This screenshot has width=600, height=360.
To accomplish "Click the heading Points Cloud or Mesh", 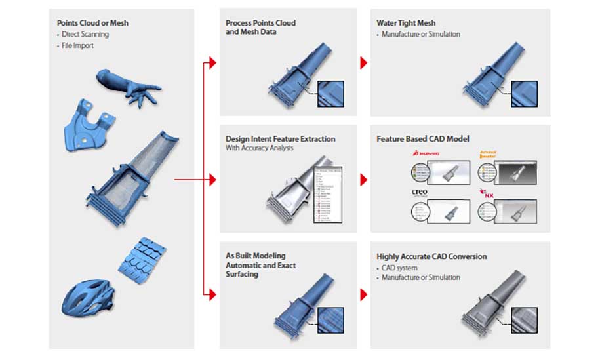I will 92,23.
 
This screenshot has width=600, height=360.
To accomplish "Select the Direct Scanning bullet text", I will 85,34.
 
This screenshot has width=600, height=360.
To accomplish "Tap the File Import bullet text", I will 79,45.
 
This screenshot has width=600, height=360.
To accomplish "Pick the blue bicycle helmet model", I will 85,295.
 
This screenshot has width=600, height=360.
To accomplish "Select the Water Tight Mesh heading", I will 406,23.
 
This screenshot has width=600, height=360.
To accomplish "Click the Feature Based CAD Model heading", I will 422,139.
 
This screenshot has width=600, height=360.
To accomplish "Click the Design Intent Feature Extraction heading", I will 280,139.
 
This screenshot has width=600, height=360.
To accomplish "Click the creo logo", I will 420,193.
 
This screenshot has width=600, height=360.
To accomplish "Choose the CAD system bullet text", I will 401,268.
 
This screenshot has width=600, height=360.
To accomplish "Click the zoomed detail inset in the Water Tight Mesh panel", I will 524,93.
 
